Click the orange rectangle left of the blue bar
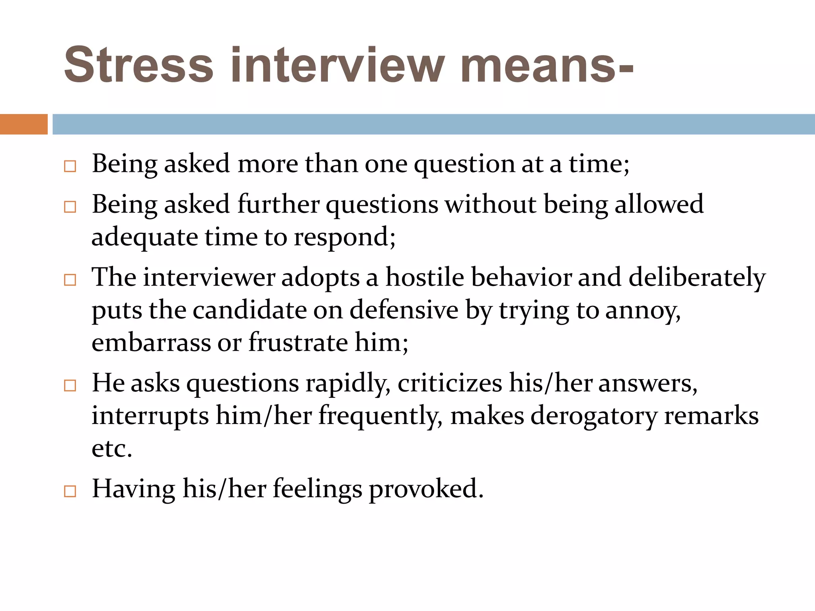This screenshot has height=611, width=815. click(x=23, y=124)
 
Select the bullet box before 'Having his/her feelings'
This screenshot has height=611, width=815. click(x=70, y=491)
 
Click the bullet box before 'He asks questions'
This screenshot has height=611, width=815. click(x=70, y=385)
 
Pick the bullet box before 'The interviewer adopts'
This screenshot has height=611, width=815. click(x=70, y=280)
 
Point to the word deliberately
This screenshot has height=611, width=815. click(x=697, y=278)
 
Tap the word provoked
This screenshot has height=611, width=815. click(x=426, y=489)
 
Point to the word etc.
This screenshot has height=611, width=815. click(x=112, y=449)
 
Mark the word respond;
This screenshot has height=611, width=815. click(x=345, y=238)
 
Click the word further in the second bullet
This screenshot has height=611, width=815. click(x=278, y=204)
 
